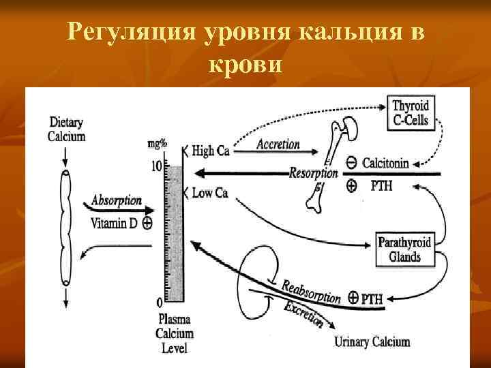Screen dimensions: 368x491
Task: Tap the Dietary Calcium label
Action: tap(66, 129)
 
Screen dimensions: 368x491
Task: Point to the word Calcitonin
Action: tap(385, 163)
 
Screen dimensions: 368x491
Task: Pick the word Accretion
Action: tap(278, 144)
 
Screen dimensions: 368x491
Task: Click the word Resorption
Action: tap(313, 172)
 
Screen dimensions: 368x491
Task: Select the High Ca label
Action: tap(210, 151)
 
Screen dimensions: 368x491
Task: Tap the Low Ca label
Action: tap(209, 193)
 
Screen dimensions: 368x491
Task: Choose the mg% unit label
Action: tap(159, 144)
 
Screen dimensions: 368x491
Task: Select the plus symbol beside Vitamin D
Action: tap(147, 221)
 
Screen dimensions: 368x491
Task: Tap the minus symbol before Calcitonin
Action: tap(351, 163)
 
